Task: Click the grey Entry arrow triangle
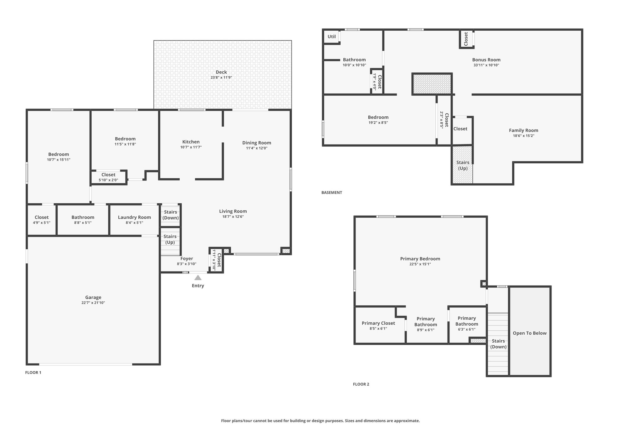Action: (198, 277)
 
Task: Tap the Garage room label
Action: (93, 297)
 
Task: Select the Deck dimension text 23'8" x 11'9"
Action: (221, 78)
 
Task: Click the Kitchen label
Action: (191, 142)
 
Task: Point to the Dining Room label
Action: (257, 143)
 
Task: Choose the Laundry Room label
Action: (135, 217)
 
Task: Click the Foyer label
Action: (187, 259)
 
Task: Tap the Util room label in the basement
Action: (332, 37)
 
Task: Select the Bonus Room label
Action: (486, 60)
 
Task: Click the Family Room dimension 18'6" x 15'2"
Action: (524, 136)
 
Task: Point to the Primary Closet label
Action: (378, 323)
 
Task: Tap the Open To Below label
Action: (530, 333)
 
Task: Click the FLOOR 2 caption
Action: (361, 384)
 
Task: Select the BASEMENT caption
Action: (332, 192)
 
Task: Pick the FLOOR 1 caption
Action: (33, 373)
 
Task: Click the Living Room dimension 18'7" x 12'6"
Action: (233, 216)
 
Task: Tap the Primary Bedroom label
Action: (420, 259)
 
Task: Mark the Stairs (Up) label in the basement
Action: (463, 165)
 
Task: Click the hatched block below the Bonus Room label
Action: (432, 84)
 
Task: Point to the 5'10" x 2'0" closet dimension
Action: (108, 180)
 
